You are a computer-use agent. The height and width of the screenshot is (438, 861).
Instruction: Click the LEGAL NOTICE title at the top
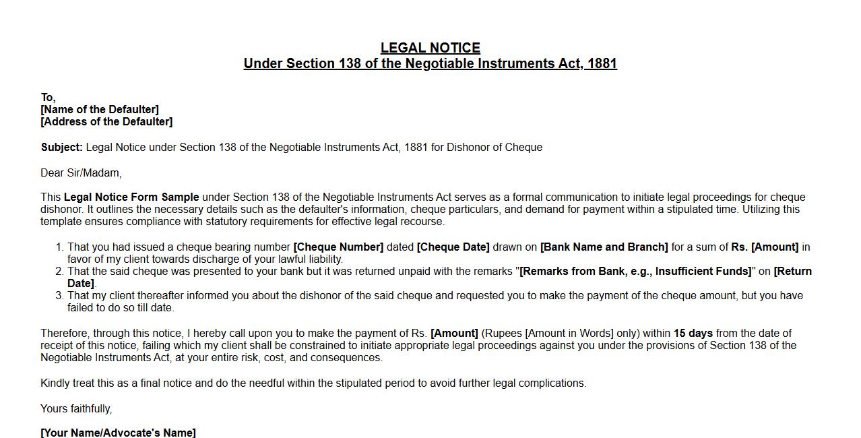pos(430,48)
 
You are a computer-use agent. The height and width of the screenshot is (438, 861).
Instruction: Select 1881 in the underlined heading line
pos(602,63)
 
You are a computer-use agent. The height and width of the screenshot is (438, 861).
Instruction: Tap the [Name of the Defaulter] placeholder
pos(100,109)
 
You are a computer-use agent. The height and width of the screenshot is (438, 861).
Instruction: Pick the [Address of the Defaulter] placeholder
pos(106,121)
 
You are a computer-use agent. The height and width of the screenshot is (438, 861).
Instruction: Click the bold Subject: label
pos(61,147)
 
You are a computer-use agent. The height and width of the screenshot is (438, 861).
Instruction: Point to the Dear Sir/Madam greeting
pos(81,173)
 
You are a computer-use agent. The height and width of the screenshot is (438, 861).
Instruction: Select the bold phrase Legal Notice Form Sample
pos(131,197)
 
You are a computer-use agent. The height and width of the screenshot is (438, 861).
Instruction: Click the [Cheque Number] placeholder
pos(338,247)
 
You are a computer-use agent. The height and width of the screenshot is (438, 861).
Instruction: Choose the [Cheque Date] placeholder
pos(453,247)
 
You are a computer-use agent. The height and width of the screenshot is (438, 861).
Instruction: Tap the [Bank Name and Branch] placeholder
pos(604,247)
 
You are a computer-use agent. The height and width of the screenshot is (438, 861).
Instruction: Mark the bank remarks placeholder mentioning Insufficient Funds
pos(635,272)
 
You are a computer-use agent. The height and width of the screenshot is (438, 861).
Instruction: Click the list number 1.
pos(59,247)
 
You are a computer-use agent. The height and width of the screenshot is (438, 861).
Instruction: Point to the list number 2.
pos(59,272)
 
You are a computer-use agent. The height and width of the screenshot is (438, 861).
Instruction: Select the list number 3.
pos(59,296)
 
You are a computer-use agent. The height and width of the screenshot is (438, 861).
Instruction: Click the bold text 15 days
pos(693,334)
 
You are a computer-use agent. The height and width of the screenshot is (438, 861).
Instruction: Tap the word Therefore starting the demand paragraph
pos(64,334)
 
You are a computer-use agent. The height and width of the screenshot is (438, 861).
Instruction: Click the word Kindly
pos(55,383)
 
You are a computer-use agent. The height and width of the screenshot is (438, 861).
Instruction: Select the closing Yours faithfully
pos(76,409)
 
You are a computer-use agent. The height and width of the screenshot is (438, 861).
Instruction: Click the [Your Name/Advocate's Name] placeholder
pos(118,433)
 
